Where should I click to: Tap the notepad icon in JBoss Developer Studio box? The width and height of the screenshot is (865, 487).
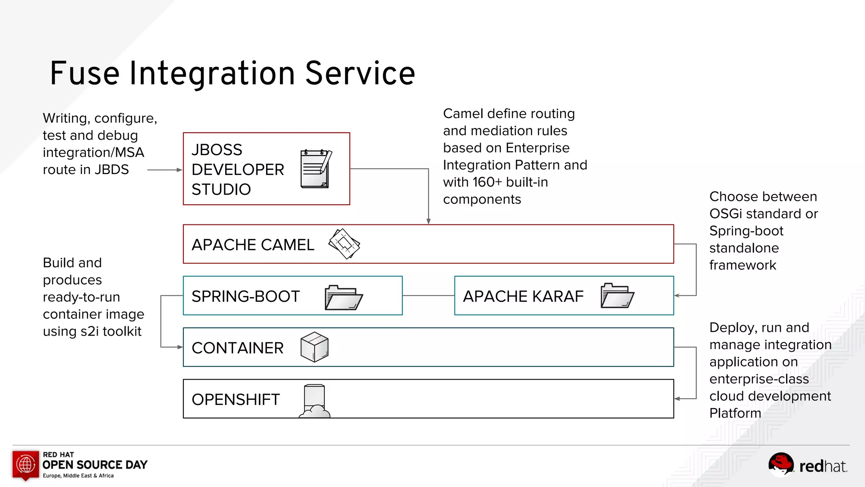[x=316, y=169]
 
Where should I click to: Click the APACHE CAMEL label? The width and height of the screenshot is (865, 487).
[x=253, y=245]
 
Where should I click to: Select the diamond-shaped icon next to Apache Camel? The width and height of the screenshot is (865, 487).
[x=344, y=244]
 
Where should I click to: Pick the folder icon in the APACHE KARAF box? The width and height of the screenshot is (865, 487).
[x=617, y=295]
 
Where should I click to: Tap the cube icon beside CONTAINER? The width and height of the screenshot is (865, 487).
[x=314, y=347]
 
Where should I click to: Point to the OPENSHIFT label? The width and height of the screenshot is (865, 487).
[x=235, y=399]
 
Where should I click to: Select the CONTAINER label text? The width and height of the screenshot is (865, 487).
[x=237, y=348]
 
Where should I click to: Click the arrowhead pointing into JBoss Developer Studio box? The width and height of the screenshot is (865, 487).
[x=179, y=170]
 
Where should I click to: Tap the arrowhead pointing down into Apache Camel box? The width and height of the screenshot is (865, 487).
[x=428, y=221]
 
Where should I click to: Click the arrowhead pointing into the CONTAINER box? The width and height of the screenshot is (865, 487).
[x=180, y=347]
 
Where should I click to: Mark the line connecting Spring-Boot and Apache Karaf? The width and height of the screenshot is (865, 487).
[x=428, y=295]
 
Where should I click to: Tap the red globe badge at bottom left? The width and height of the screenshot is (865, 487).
[x=25, y=465]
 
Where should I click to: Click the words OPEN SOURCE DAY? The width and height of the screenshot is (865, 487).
[x=95, y=465]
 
